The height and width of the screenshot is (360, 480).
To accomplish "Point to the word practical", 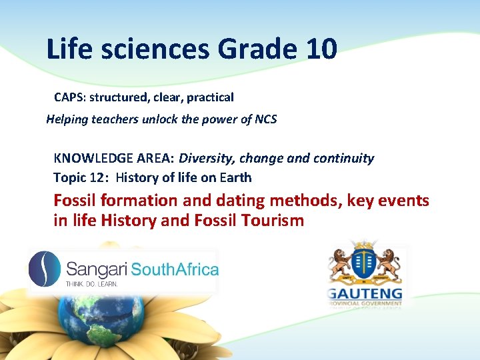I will click(x=210, y=97).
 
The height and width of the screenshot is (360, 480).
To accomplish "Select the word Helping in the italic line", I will click(x=69, y=120).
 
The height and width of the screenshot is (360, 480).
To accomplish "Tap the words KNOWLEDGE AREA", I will click(x=114, y=159).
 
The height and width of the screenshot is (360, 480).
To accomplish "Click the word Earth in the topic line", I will click(x=236, y=178).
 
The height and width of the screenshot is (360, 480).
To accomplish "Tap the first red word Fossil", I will click(x=78, y=201).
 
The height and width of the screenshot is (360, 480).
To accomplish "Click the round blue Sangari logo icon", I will click(x=45, y=269).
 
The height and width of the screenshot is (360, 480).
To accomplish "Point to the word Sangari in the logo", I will click(x=97, y=269).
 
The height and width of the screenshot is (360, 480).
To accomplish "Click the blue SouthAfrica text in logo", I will click(x=175, y=269).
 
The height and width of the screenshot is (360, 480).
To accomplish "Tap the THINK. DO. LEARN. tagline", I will click(x=91, y=284).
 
